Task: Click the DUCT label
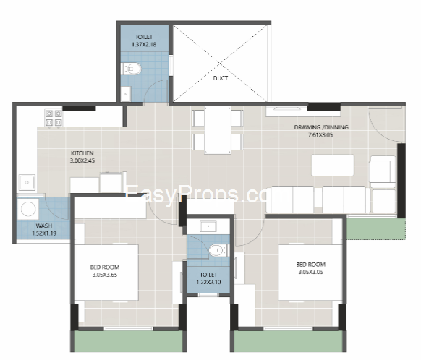221,78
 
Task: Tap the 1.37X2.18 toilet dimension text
144,44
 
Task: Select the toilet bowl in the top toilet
132,69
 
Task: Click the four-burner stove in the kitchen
54,118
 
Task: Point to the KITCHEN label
82,153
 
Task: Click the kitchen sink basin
27,182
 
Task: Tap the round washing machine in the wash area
28,208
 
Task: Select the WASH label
44,226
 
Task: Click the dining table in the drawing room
218,130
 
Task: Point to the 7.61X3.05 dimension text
320,134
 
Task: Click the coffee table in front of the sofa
333,166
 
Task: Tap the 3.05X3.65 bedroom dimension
105,275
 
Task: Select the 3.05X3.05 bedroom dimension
310,272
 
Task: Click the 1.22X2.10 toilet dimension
208,282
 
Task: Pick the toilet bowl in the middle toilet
218,251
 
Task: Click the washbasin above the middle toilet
208,226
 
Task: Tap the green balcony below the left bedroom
128,340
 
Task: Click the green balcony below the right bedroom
289,340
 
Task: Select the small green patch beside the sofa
376,228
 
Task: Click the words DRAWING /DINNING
321,127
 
